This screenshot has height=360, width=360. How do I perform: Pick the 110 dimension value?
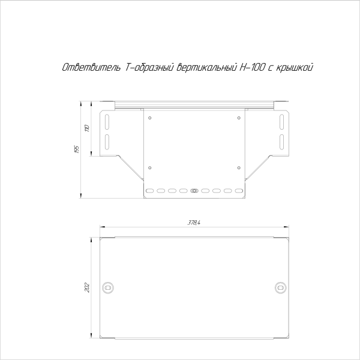click(87, 128)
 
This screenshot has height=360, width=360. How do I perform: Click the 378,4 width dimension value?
click(193, 223)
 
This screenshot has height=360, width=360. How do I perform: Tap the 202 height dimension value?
click(88, 286)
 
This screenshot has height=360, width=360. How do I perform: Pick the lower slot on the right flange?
click(281, 142)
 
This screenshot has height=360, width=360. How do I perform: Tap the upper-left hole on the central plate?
click(150, 118)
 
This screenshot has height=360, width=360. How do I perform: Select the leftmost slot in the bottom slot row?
click(151, 191)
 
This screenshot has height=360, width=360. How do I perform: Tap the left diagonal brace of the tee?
click(129, 167)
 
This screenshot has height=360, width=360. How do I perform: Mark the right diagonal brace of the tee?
click(258, 167)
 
